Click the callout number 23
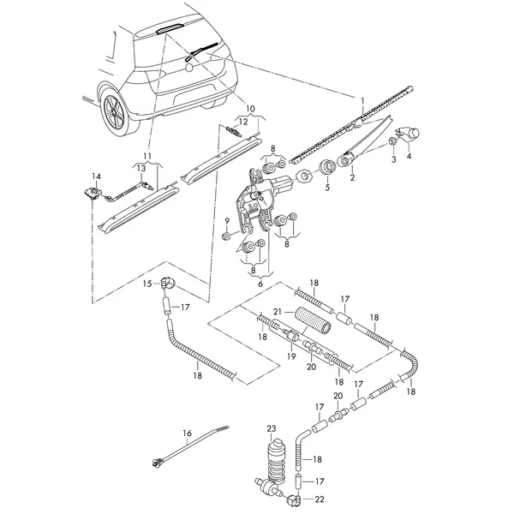coord(272,429)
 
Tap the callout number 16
coord(187,433)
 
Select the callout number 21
coord(278,312)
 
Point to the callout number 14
coord(96,176)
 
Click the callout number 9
coord(226,222)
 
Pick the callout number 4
coord(409,157)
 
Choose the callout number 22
coord(320,499)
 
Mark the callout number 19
coord(291,356)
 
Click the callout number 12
coord(243,122)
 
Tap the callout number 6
coord(260,284)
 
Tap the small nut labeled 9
coord(225,236)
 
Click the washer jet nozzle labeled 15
coord(168,283)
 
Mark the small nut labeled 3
coord(391,141)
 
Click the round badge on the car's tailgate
coord(189,68)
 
